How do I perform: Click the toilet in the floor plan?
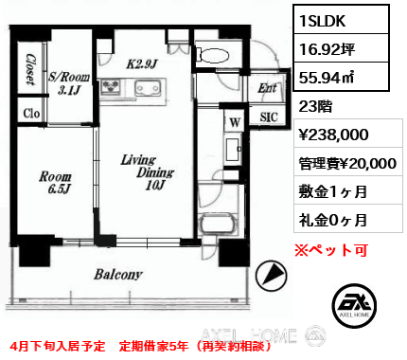[212, 55]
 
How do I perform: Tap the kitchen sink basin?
[148, 88]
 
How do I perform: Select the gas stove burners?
[111, 86]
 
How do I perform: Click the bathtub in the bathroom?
[218, 225]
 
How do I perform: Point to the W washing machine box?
[235, 122]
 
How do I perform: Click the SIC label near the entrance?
[269, 117]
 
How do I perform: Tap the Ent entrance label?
[267, 89]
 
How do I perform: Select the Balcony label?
[118, 275]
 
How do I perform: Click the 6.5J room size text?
[59, 189]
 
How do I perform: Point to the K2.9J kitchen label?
[141, 64]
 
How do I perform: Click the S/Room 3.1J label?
[69, 83]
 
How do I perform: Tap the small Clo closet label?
[31, 114]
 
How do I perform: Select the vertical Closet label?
[30, 69]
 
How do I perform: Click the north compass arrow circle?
[271, 275]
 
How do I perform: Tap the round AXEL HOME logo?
[354, 305]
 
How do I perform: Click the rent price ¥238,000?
[333, 135]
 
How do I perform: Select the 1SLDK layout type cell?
[341, 21]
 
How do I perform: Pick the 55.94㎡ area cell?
[341, 78]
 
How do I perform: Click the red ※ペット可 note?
[331, 250]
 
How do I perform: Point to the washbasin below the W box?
[234, 149]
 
